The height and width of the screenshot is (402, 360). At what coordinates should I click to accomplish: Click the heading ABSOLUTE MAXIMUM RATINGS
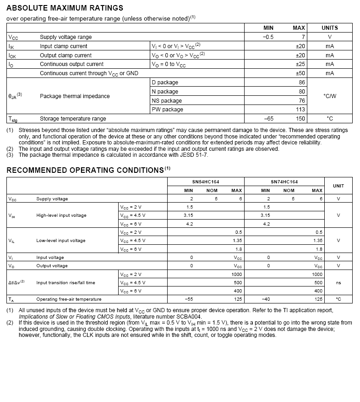65,8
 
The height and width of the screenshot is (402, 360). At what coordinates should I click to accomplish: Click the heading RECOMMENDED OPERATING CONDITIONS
85,170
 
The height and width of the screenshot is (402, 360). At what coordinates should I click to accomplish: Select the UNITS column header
329,28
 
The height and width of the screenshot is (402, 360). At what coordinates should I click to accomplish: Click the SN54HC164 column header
206,182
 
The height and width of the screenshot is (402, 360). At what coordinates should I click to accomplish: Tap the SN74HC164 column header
284,182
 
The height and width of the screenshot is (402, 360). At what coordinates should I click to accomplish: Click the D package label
165,83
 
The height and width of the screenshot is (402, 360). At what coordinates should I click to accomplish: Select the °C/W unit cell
329,96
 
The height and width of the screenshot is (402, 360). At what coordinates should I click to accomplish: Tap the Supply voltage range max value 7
303,37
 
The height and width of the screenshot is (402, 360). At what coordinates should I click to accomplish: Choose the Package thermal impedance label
75,96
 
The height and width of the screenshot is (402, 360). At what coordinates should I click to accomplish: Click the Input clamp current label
63,46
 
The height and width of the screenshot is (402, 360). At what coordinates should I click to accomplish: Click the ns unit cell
338,283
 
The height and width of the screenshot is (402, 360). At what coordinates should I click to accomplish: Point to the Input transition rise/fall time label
65,283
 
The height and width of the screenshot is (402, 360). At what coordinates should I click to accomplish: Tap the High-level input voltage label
61,215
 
